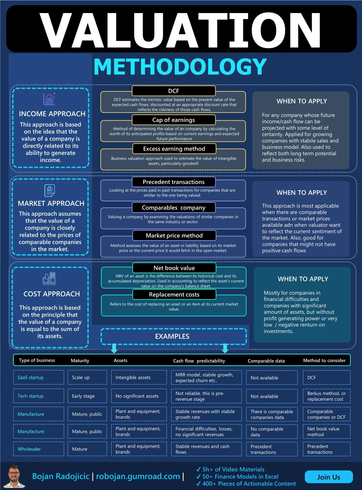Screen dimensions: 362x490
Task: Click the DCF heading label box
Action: (x=174, y=91)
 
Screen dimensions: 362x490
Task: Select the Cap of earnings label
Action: (x=174, y=120)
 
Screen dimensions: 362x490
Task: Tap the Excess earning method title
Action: (x=174, y=149)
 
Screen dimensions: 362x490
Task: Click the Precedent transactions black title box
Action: (x=174, y=182)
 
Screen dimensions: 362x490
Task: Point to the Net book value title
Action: (x=174, y=268)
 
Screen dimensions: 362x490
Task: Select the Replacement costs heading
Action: (x=174, y=294)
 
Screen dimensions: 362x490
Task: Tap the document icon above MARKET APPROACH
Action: (x=50, y=190)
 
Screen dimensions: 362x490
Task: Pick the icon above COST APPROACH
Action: (x=49, y=279)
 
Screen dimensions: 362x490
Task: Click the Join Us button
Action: (x=329, y=477)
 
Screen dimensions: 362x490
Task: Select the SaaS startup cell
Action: (x=38, y=377)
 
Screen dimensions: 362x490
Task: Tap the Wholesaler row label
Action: (x=38, y=449)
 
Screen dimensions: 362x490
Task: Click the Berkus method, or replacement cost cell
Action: (x=327, y=396)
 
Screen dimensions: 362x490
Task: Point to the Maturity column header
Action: (x=80, y=360)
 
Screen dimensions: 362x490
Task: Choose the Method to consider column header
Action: (x=324, y=360)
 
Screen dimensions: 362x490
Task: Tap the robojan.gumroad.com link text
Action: (x=138, y=476)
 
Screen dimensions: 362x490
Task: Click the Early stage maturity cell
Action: (x=87, y=396)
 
